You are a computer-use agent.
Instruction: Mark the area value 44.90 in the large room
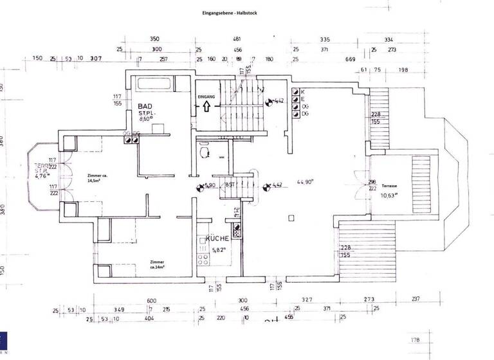(304, 182)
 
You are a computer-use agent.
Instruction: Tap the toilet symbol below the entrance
(205, 151)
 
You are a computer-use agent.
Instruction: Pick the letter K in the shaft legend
(302, 92)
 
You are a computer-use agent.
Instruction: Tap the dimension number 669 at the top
(351, 59)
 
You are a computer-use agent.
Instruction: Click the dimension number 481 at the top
(237, 39)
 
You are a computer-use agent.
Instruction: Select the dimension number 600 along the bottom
(152, 300)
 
